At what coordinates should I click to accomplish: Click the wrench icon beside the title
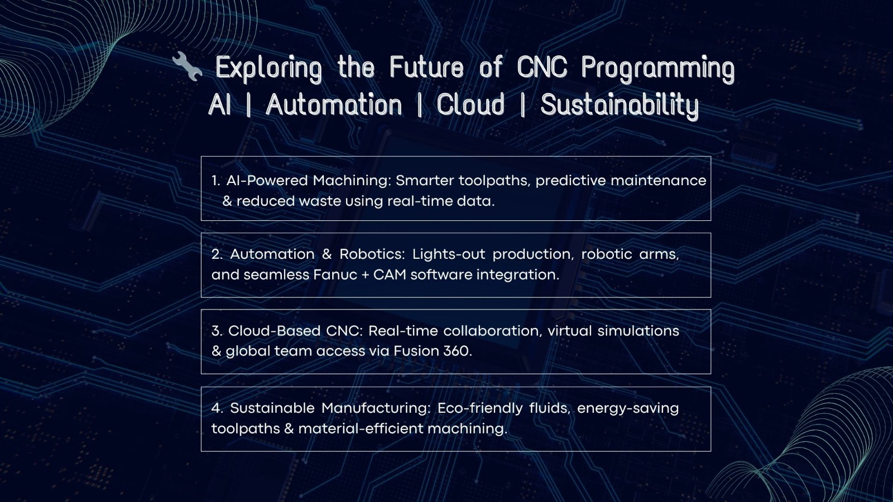(188, 66)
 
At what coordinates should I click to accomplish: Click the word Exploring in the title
(268, 69)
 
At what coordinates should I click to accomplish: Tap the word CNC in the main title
(542, 66)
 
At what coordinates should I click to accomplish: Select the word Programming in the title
(658, 69)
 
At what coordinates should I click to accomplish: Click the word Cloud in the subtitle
(470, 104)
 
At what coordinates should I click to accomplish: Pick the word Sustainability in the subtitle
(620, 105)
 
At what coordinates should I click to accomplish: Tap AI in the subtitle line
(219, 104)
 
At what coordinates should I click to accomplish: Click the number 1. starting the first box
(215, 181)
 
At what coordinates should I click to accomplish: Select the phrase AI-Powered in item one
(267, 181)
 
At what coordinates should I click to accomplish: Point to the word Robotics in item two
(372, 254)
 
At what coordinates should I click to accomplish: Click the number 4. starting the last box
(217, 408)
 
